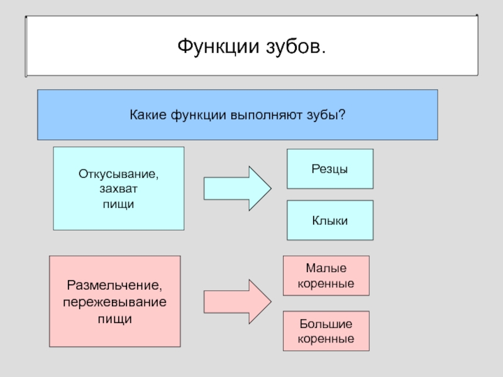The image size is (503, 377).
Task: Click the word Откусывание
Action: (119, 172)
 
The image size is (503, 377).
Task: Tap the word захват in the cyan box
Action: (119, 188)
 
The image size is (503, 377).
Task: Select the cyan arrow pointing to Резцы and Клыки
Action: (236, 188)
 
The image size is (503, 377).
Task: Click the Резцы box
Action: (330, 169)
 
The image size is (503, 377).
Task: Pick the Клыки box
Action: (330, 220)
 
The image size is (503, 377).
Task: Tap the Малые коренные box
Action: (325, 276)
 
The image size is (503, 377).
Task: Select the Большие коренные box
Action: (325, 331)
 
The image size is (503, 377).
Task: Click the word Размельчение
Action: (115, 287)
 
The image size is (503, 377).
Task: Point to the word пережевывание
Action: (115, 302)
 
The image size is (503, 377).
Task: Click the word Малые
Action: (325, 268)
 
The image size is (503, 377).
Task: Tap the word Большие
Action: (325, 324)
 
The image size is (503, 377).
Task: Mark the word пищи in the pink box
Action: (115, 319)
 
